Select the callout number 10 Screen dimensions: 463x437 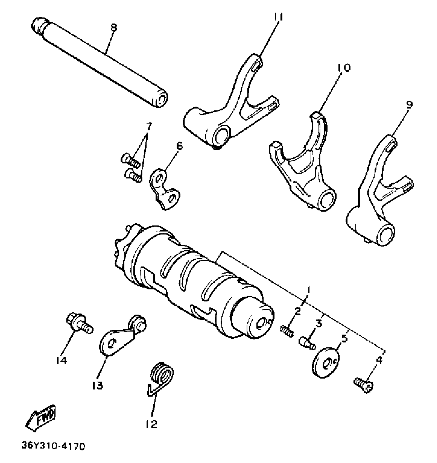pyautogui.click(x=344, y=68)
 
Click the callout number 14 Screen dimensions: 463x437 pyautogui.click(x=62, y=361)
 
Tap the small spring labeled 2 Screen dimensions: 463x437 pyautogui.click(x=286, y=331)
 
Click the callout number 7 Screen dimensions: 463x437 pyautogui.click(x=148, y=126)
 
